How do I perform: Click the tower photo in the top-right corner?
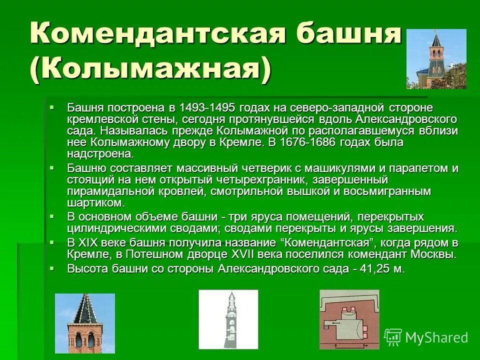coord(436,59)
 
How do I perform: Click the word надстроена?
coord(100,153)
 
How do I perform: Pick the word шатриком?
coord(95,202)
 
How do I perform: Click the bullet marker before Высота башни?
coord(52,268)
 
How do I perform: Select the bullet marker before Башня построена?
coord(52,107)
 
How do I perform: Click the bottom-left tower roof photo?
coord(84,323)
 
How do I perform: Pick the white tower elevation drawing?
coord(228,319)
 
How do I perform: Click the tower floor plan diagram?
coord(349,319)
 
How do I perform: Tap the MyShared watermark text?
coord(436,337)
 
